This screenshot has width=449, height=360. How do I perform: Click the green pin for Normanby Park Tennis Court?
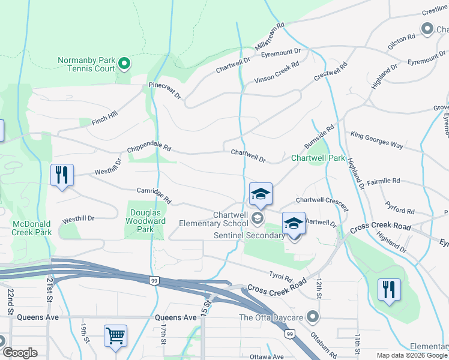point(124,63)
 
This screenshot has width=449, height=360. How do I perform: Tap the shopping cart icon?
point(115,335)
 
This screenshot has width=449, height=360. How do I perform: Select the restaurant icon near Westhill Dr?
point(62,175)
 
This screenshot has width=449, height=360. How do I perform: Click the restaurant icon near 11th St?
point(389,290)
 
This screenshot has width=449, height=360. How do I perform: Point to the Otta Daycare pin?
point(312,316)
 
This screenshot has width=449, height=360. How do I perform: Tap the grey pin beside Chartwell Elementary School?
point(258,218)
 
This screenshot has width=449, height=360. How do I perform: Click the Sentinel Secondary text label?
point(249,235)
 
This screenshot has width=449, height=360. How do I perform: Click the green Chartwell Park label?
point(318,158)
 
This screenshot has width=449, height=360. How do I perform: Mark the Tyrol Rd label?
point(280,278)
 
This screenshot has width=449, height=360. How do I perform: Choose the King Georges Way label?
point(377,140)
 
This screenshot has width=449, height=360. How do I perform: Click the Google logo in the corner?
point(20,352)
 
